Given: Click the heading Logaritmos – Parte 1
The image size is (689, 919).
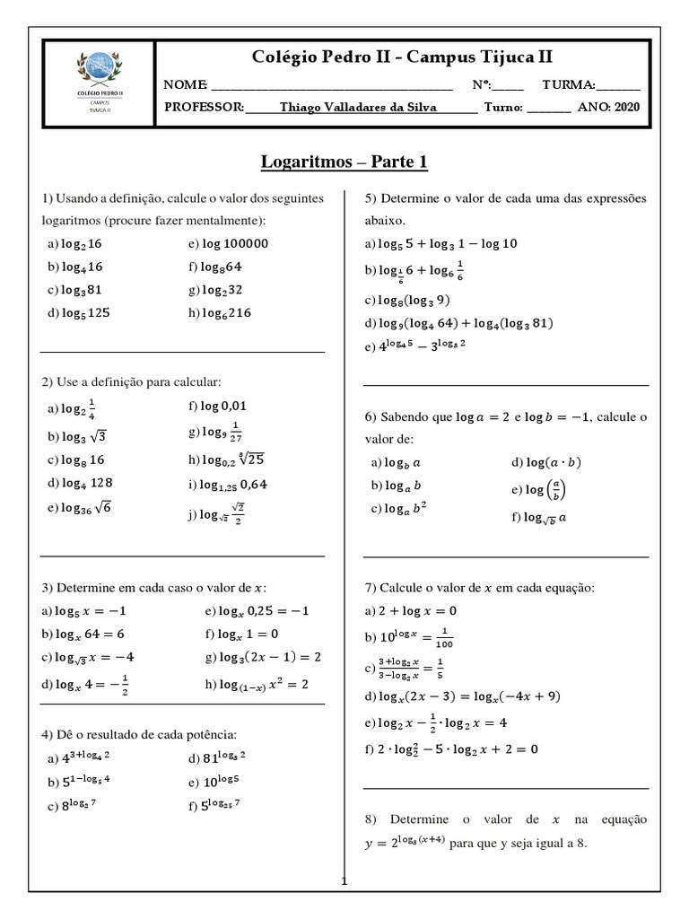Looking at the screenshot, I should [344, 162].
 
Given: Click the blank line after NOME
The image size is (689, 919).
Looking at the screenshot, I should [332, 86].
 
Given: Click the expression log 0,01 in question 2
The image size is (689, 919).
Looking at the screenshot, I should [223, 407].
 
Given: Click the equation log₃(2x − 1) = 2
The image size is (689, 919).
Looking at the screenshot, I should [263, 657].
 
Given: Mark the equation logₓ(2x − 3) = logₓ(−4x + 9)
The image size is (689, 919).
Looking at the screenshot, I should [458, 696].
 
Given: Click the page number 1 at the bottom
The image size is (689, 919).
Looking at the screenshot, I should [343, 883].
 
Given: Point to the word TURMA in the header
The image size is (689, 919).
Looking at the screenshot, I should [568, 85].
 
